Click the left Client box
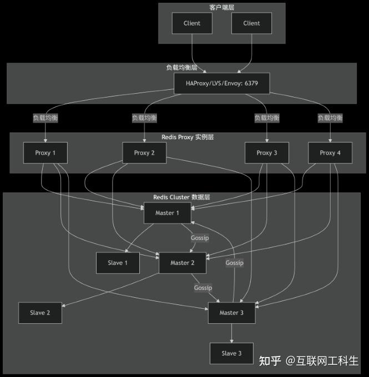(192, 23)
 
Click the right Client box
(251, 23)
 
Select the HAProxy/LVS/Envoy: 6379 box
(222, 84)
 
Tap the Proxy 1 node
(46, 153)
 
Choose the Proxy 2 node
(144, 153)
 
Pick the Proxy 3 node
(267, 153)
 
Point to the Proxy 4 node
(330, 153)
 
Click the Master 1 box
(167, 213)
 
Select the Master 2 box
(183, 263)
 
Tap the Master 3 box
(231, 313)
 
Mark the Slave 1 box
(118, 263)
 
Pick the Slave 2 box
(40, 313)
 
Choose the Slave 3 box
(231, 353)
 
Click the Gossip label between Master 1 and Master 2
(200, 238)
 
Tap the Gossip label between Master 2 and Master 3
(203, 288)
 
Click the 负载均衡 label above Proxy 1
(46, 118)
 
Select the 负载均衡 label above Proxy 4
(330, 118)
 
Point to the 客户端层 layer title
(222, 7)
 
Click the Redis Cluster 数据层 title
(182, 197)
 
